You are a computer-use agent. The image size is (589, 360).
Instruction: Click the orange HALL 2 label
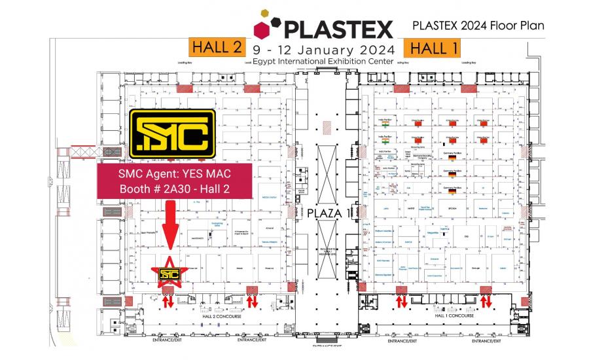click(216, 48)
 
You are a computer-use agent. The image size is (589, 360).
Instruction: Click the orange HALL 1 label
click(432, 48)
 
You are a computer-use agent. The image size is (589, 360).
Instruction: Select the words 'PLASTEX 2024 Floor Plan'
click(478, 26)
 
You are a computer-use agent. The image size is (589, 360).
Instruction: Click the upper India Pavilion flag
click(385, 124)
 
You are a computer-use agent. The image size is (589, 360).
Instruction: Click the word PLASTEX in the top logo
click(336, 29)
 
